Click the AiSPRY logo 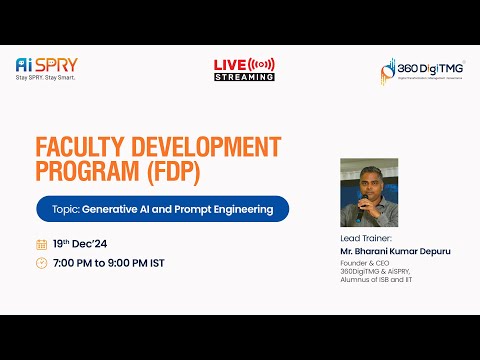[x=45, y=64]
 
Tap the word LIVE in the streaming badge [x=229, y=64]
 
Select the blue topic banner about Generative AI [x=162, y=209]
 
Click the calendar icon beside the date [x=41, y=244]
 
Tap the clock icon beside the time [x=41, y=263]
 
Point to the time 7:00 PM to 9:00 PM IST [x=109, y=263]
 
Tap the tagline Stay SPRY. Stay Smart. [x=45, y=77]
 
